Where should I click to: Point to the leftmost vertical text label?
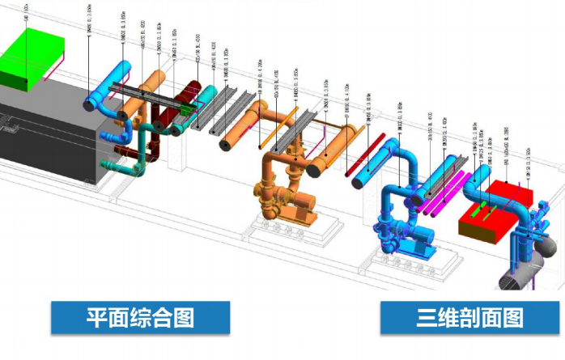26,12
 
